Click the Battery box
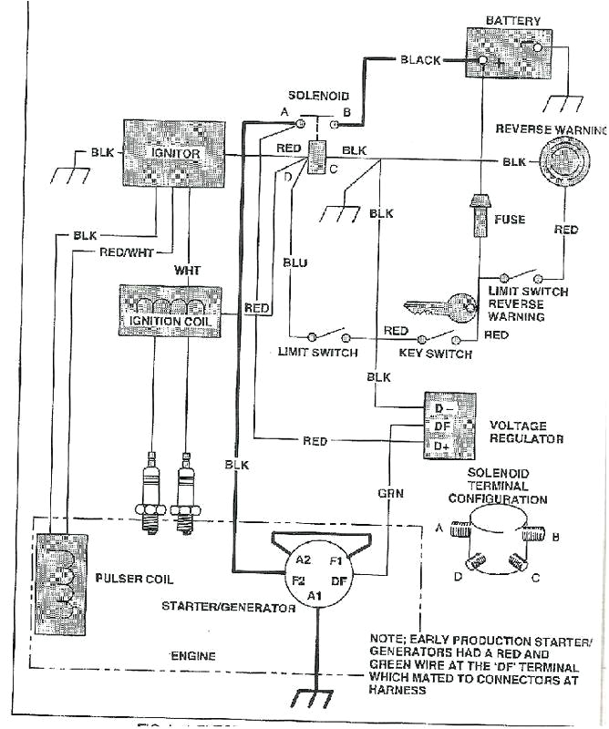coord(511,56)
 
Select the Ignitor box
coord(174,153)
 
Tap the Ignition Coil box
coord(170,309)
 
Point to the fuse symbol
coord(477,217)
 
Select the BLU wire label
coord(294,263)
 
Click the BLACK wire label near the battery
coord(420,60)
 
